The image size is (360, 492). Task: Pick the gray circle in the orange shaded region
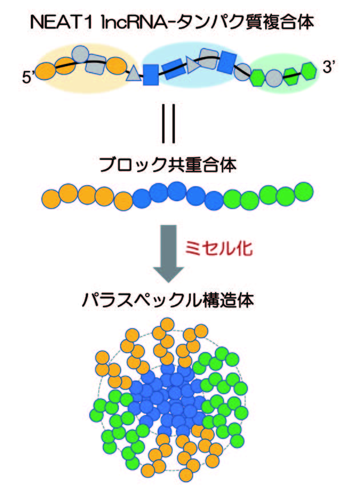click(81, 54)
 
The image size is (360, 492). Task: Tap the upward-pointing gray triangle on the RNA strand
click(133, 74)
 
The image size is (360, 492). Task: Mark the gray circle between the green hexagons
click(274, 75)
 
